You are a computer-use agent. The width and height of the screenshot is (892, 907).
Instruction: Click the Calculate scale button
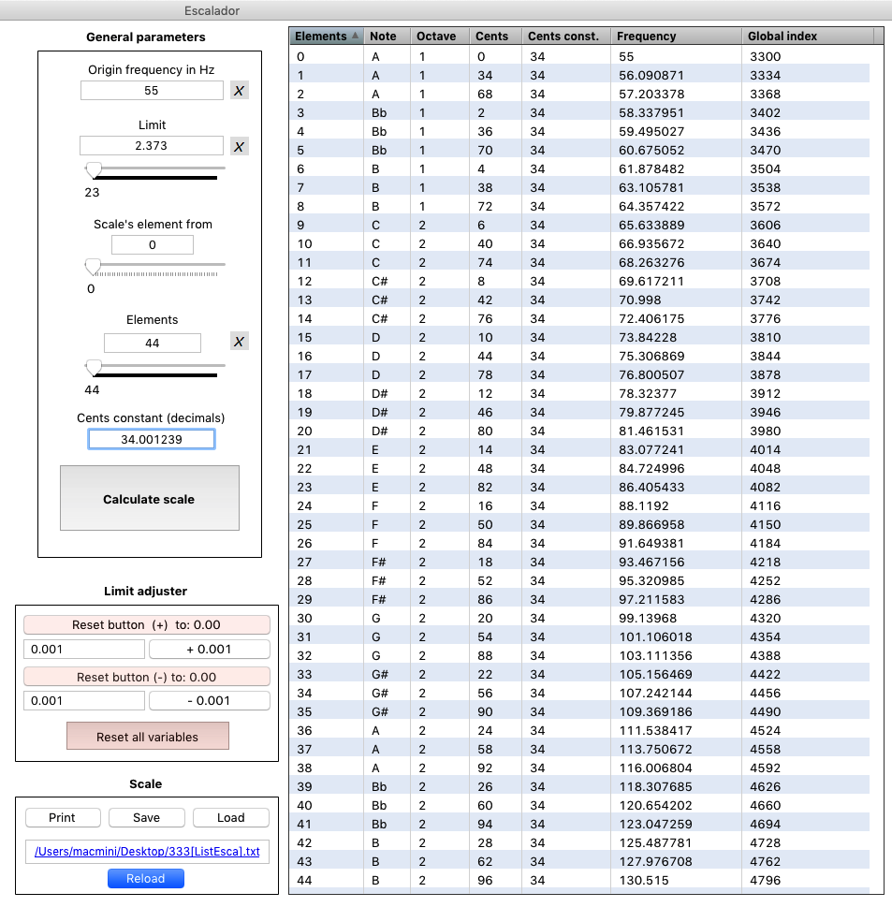[149, 499]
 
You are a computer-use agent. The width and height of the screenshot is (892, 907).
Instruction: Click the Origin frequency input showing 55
[152, 91]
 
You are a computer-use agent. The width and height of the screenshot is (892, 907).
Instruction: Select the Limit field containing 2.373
[152, 146]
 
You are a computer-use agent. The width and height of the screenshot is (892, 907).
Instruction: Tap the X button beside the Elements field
[240, 342]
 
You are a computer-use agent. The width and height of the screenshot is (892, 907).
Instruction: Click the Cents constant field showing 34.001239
[152, 439]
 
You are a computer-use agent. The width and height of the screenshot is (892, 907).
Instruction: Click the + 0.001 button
[209, 649]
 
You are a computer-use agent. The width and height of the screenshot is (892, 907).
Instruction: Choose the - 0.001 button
[209, 700]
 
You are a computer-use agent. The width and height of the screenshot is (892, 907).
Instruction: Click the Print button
[62, 817]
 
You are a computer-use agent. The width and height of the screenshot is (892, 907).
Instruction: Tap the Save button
[146, 817]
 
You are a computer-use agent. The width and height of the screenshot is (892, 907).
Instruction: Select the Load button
[230, 817]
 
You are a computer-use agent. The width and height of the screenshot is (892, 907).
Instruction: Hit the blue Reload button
[146, 878]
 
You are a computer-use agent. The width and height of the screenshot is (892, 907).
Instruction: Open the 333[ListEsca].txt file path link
[146, 851]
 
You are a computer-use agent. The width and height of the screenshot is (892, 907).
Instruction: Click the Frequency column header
[646, 37]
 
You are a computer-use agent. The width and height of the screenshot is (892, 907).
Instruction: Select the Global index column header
[782, 37]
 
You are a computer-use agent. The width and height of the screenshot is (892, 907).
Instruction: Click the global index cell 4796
[766, 880]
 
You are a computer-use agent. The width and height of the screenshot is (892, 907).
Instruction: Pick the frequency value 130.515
[639, 880]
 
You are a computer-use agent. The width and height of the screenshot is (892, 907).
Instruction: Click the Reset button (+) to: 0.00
[146, 624]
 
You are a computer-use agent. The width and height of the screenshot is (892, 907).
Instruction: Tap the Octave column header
[436, 37]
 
